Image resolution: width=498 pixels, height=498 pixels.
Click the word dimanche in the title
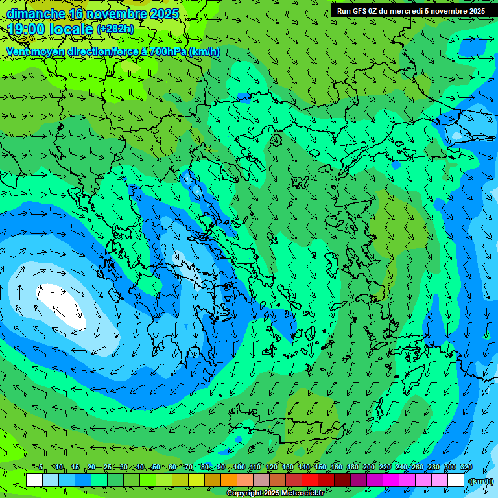(36, 14)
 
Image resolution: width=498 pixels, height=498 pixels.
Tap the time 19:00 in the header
(27, 29)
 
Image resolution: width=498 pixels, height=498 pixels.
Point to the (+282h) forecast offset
(115, 29)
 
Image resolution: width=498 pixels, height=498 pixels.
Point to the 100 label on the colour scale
(239, 467)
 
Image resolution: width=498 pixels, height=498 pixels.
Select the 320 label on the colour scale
(466, 467)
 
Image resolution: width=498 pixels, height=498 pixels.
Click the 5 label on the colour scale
(41, 467)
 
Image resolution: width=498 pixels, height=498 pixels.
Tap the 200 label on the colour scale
(369, 467)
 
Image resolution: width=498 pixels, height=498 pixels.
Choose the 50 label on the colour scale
(156, 467)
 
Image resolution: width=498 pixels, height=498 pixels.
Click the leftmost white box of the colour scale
(34, 480)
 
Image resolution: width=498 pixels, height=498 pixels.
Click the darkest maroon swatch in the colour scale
(342, 480)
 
